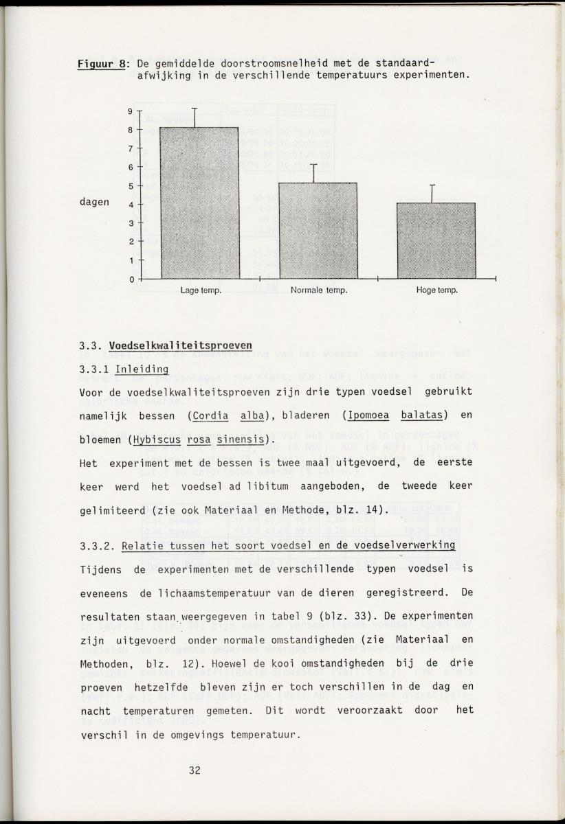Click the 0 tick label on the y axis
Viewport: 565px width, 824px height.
130,279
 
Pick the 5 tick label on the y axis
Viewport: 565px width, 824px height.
130,185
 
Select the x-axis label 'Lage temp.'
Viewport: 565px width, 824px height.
200,290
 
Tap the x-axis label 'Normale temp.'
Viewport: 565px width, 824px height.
318,290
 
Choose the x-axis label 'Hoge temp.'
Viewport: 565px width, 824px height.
436,290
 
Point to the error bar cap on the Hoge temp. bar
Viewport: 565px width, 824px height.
432,185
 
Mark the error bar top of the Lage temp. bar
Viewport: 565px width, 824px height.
195,108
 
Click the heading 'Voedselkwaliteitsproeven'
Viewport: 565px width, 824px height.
180,345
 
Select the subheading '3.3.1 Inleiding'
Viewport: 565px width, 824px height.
124,369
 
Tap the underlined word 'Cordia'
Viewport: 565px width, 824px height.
210,415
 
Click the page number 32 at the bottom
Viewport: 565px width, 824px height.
195,770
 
